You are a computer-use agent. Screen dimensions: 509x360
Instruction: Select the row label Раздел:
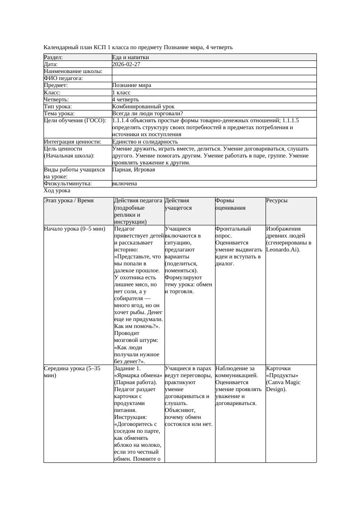(x=54, y=57)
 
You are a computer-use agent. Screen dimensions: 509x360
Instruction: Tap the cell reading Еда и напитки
(x=131, y=57)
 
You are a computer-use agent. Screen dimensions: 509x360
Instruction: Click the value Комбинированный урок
(x=143, y=107)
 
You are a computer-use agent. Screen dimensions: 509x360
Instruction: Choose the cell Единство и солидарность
(x=145, y=142)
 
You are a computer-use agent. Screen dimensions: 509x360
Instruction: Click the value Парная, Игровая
(x=133, y=170)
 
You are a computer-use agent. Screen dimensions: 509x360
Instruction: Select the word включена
(x=124, y=184)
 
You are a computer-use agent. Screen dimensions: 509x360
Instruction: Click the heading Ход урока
(x=57, y=191)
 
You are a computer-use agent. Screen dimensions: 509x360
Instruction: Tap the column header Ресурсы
(x=277, y=201)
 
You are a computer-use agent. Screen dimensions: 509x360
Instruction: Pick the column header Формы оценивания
(x=230, y=204)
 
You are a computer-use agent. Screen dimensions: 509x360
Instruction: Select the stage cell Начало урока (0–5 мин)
(x=74, y=229)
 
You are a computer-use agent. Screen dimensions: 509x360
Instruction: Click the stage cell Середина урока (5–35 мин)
(x=72, y=372)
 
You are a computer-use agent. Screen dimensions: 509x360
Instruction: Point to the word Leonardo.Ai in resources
(x=282, y=250)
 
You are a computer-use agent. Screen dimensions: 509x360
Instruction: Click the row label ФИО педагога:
(x=64, y=78)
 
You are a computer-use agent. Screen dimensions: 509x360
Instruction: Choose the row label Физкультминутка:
(x=67, y=184)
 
